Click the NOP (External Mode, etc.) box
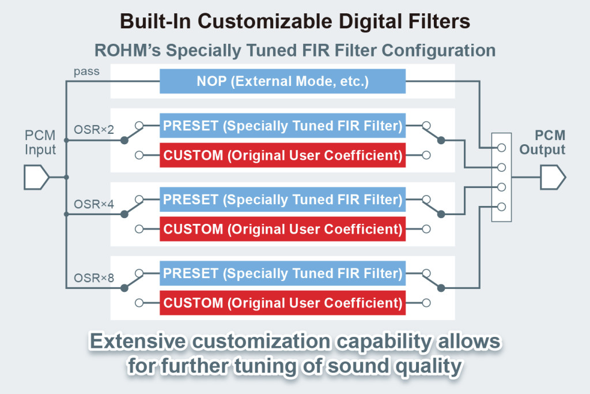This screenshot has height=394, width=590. [282, 81]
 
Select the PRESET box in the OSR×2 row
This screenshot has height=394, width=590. [282, 125]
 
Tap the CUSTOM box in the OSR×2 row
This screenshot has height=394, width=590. [282, 155]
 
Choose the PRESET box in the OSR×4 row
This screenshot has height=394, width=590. [282, 199]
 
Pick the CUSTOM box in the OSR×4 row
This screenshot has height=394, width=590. [282, 228]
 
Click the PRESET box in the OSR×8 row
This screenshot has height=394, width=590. [282, 273]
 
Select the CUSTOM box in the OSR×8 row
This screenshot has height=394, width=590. [282, 302]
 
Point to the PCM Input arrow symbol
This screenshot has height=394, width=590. [36, 177]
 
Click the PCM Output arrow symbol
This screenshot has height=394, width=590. [553, 177]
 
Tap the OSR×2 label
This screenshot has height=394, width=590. [94, 130]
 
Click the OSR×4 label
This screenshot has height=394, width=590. [94, 204]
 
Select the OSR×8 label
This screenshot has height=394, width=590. [94, 278]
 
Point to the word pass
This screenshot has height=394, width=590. [86, 72]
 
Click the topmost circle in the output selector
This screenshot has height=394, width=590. [501, 148]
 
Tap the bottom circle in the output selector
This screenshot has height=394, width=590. [501, 207]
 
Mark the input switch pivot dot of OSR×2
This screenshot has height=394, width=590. [124, 141]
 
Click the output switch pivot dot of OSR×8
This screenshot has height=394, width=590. [441, 288]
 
